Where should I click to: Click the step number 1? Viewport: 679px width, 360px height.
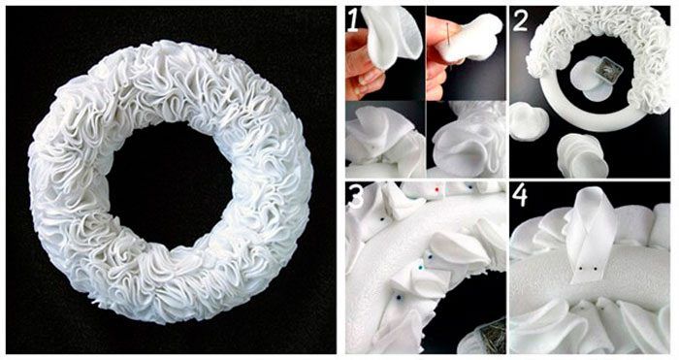click(x=352, y=20)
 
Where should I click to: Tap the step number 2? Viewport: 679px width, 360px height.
click(x=520, y=20)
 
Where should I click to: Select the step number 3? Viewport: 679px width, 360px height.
click(x=356, y=196)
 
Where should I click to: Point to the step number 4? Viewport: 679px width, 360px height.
click(x=520, y=196)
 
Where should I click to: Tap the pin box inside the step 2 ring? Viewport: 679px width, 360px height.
click(x=606, y=75)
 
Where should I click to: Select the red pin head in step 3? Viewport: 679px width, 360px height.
click(x=436, y=190)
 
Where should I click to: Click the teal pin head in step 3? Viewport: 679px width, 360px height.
click(x=420, y=268)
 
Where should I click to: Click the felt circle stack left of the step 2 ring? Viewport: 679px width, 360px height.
click(x=530, y=121)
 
